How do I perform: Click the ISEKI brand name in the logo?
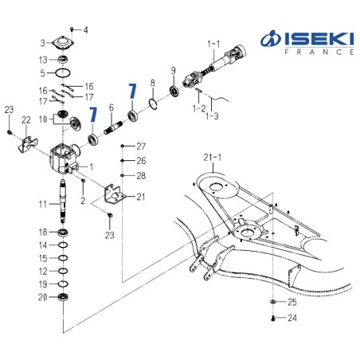click(x=316, y=37)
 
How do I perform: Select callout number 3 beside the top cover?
click(x=43, y=42)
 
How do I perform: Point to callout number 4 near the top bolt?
click(x=87, y=29)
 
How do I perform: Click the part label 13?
click(x=43, y=60)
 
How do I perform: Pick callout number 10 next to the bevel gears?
click(x=43, y=119)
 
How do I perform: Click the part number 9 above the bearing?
click(x=173, y=71)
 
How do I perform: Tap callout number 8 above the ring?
click(x=153, y=82)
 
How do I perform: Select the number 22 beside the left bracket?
click(x=25, y=119)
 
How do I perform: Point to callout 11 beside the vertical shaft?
click(x=43, y=205)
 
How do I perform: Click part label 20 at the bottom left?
click(x=43, y=297)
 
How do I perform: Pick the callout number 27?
click(x=141, y=147)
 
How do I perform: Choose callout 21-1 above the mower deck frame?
click(x=213, y=158)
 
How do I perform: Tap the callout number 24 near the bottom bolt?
click(x=292, y=319)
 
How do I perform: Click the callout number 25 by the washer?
click(x=292, y=303)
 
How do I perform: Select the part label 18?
click(x=43, y=232)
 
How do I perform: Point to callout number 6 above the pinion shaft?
click(x=112, y=108)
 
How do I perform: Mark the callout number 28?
click(x=141, y=174)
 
